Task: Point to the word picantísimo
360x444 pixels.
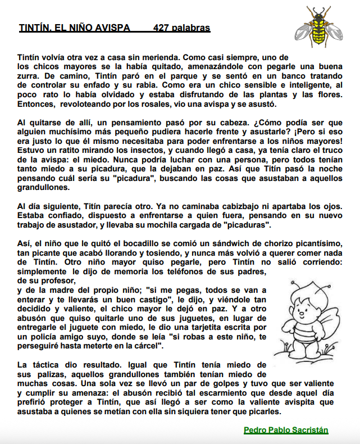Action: (318, 243)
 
